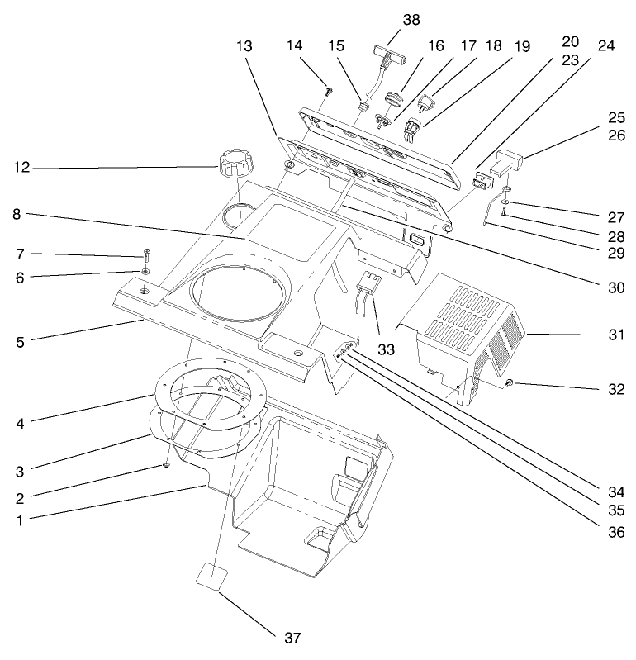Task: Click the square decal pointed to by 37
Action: point(214,575)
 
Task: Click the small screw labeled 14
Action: point(328,90)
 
